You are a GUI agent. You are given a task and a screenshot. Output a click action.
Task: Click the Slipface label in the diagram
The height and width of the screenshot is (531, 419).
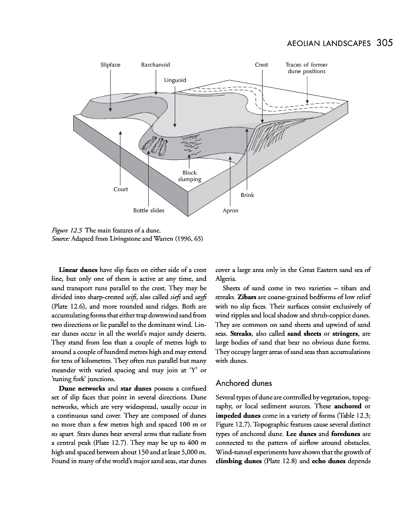click(110, 64)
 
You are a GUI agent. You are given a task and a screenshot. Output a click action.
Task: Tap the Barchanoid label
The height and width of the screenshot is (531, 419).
click(155, 64)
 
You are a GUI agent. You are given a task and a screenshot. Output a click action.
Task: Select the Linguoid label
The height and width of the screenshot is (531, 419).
click(175, 80)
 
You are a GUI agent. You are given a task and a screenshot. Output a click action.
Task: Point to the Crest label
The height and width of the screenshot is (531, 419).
click(261, 64)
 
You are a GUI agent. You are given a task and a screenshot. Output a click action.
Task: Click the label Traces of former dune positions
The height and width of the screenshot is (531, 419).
click(306, 68)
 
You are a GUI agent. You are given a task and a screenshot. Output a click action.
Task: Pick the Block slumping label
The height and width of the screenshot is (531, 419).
click(189, 176)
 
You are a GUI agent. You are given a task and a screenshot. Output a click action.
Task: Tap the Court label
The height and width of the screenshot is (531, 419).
click(120, 189)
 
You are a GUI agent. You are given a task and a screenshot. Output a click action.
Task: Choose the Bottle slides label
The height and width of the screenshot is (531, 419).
click(149, 210)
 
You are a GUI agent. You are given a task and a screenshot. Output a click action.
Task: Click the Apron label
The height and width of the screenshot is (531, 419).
click(230, 210)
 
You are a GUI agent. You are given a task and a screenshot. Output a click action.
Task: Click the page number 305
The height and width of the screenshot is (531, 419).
click(384, 42)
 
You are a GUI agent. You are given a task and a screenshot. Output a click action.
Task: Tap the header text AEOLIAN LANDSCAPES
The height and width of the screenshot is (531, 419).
click(328, 43)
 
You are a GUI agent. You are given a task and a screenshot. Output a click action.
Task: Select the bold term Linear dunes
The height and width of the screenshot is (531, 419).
click(79, 270)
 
